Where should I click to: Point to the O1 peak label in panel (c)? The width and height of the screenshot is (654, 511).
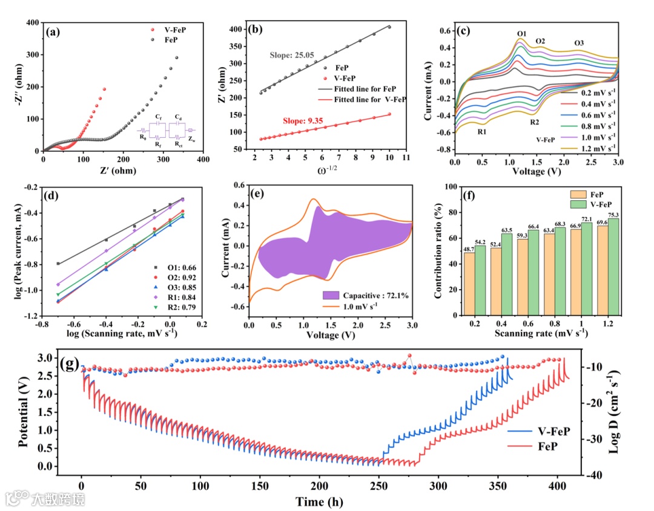click(522, 33)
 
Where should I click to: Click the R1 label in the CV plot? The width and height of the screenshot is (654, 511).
click(481, 128)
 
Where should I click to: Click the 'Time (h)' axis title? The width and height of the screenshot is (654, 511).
click(320, 502)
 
